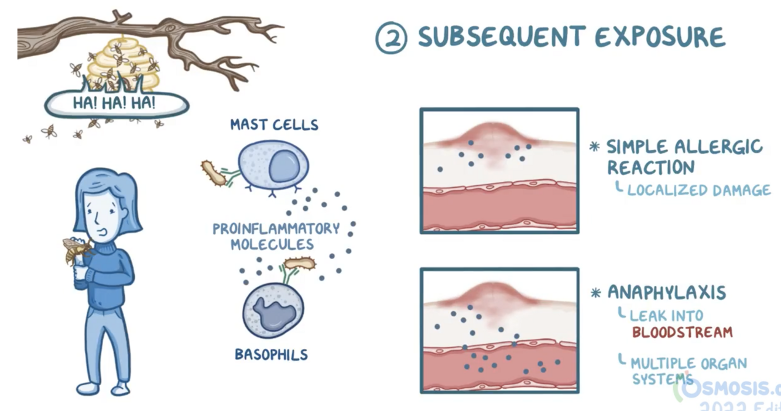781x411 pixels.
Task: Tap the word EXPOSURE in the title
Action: [660, 37]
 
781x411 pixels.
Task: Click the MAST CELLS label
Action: [274, 125]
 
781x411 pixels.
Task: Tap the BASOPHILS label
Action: [271, 354]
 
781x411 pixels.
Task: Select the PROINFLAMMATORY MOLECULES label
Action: [276, 236]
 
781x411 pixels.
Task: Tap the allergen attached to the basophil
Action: [300, 264]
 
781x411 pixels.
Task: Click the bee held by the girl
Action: [76, 250]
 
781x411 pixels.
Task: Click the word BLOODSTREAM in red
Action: [682, 333]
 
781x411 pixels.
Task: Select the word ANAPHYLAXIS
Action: [666, 292]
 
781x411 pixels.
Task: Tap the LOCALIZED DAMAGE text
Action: [698, 190]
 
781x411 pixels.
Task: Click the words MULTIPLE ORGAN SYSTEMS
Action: [688, 371]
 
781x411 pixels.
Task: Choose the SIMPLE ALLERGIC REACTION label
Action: [684, 156]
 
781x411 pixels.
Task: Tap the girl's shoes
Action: [105, 388]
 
